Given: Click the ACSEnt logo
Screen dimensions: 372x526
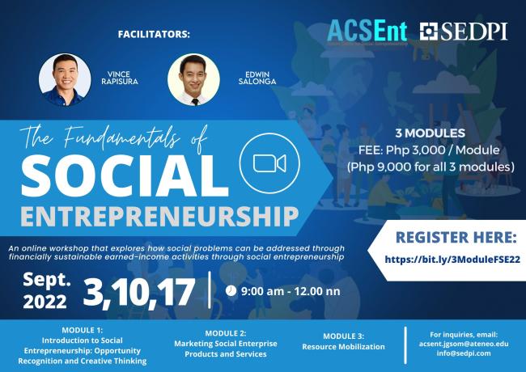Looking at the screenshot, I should click(368, 32).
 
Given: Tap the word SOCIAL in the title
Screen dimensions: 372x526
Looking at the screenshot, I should click(124, 175).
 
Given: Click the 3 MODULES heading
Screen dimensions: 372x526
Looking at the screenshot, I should click(430, 132).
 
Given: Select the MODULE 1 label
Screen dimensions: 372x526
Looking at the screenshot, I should click(82, 332).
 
